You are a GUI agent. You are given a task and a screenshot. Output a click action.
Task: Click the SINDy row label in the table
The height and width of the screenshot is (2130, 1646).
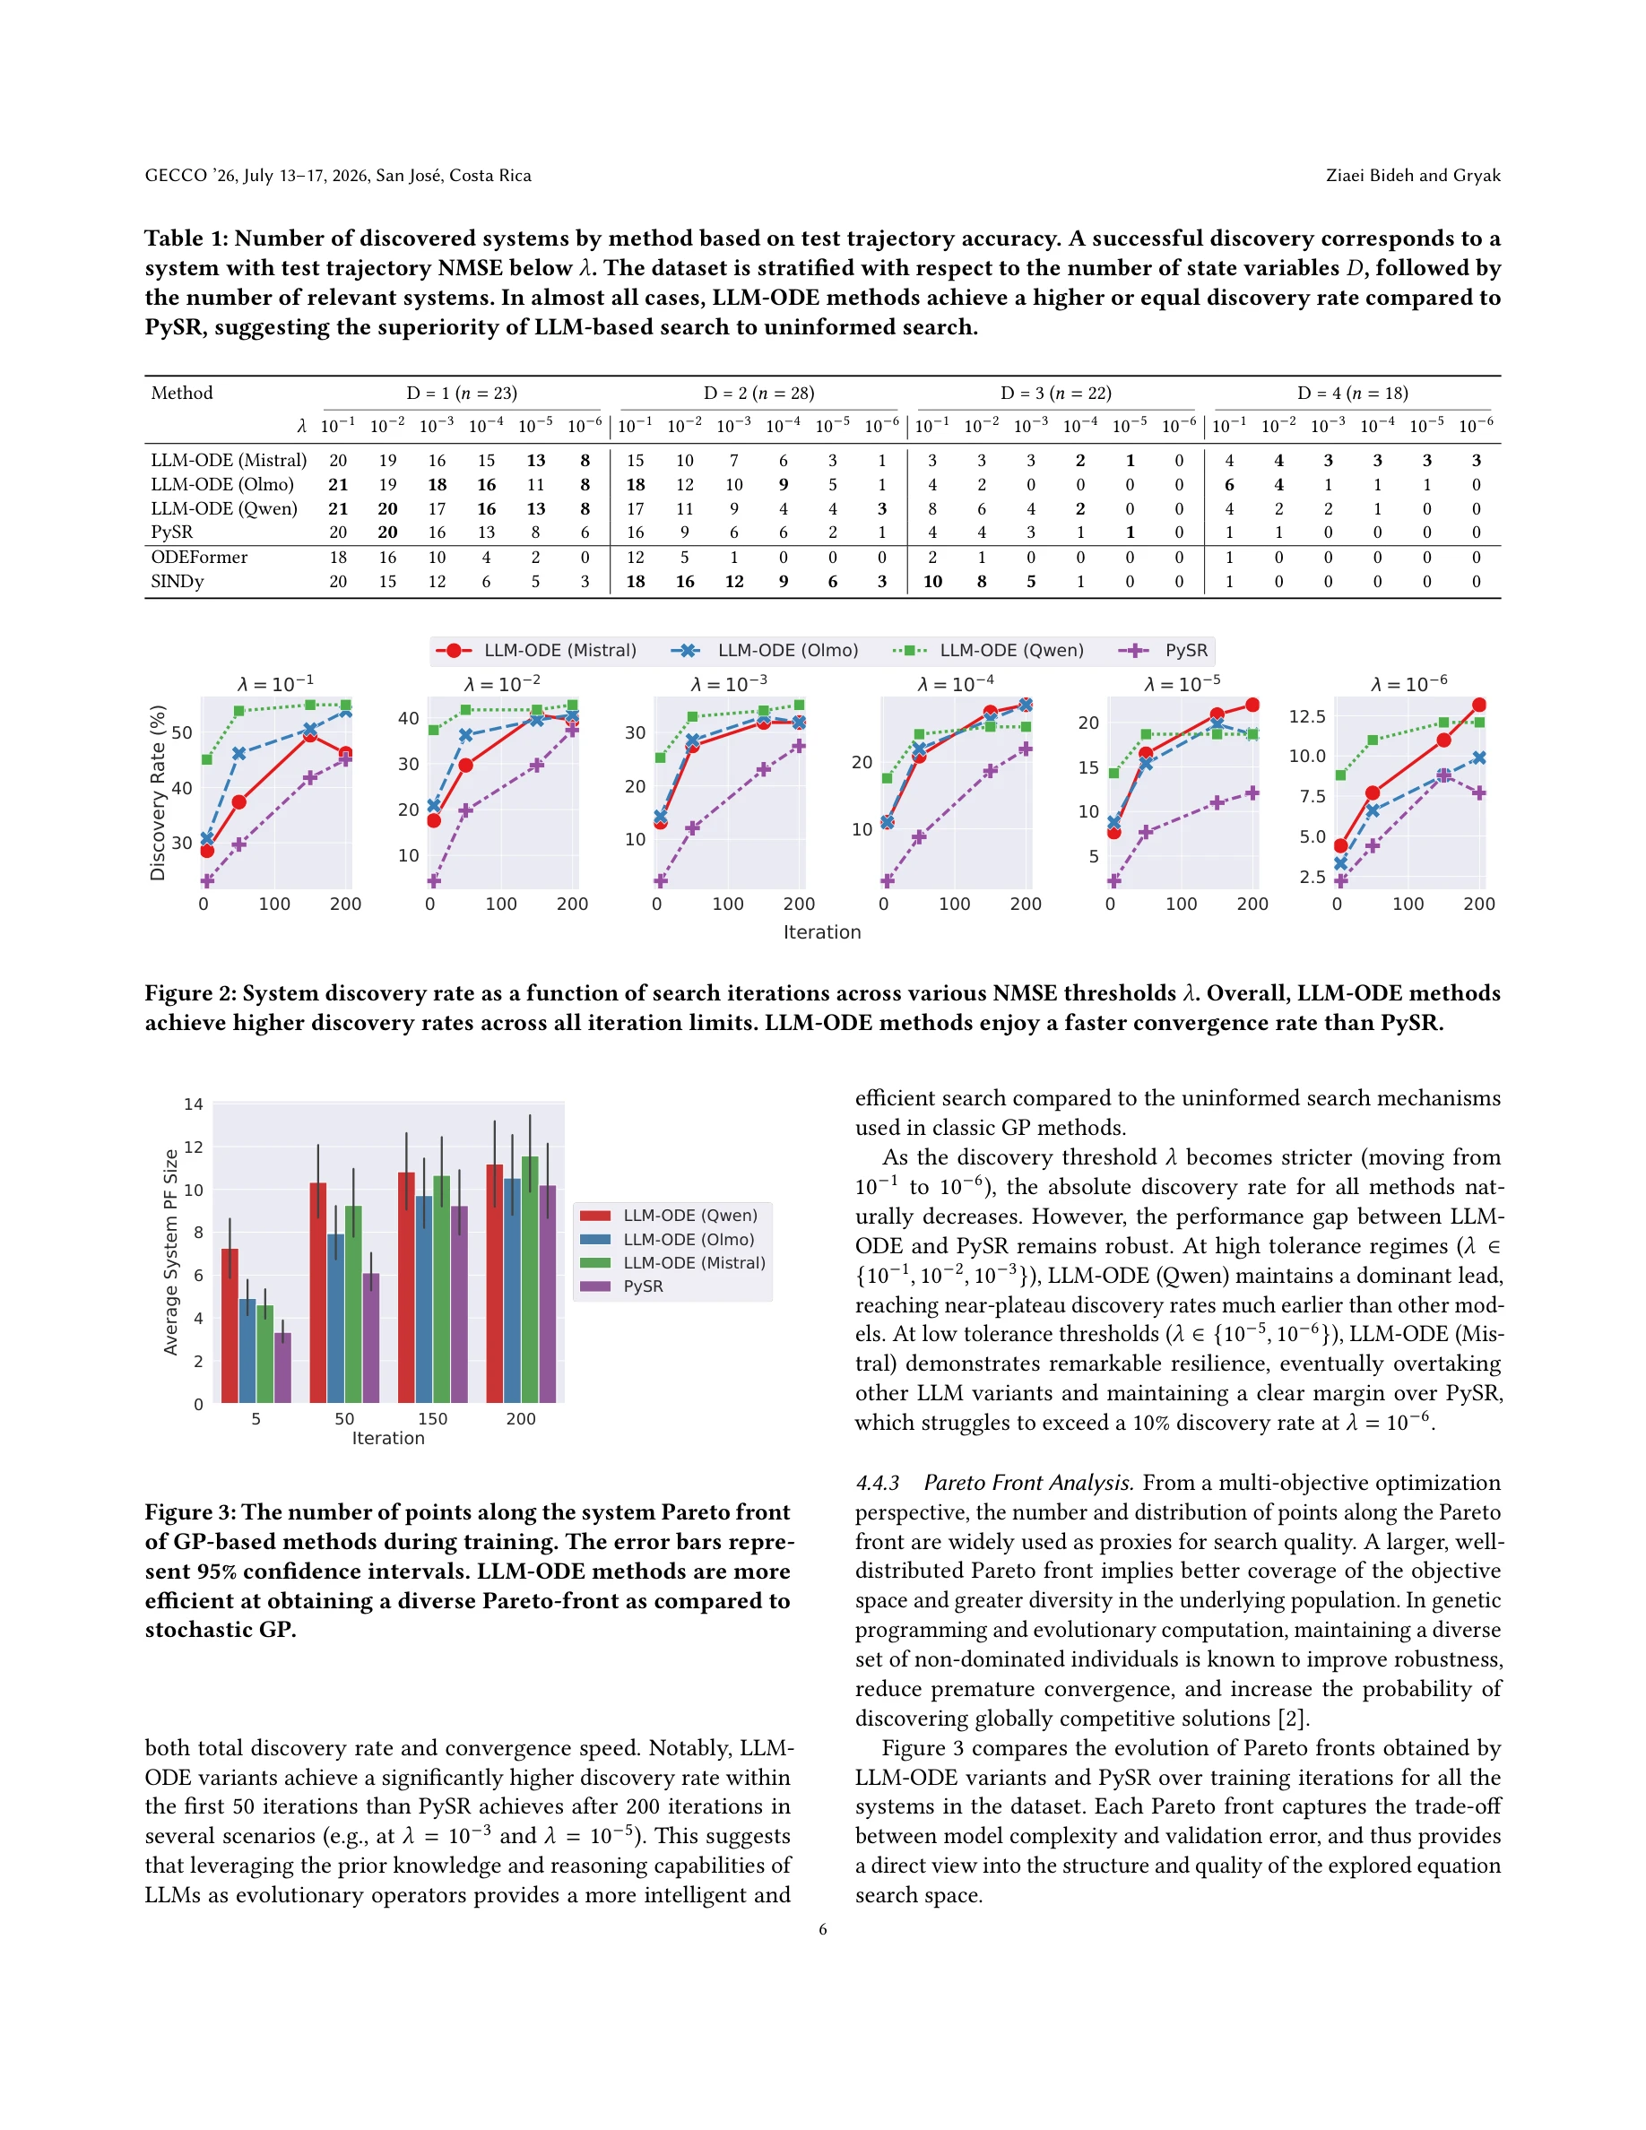pos(178,581)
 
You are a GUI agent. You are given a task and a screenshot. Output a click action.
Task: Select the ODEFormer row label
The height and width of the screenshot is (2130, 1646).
pos(199,557)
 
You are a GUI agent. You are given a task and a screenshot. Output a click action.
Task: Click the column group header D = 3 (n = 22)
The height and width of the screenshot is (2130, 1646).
pos(1055,393)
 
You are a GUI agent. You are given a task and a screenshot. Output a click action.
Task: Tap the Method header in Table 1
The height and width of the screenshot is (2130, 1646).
pos(181,393)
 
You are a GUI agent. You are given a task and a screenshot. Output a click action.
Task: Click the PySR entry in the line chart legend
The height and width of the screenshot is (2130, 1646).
pos(1186,651)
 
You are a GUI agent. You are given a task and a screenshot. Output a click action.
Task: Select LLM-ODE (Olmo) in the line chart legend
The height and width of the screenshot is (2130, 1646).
pos(787,651)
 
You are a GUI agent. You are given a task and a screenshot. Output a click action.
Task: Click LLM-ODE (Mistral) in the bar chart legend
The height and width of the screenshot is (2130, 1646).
pos(693,1263)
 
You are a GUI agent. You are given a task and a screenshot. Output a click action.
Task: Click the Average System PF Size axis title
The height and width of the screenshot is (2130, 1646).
pos(170,1252)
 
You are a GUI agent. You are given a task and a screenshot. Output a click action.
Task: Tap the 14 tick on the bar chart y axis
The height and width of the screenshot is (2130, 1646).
pos(193,1104)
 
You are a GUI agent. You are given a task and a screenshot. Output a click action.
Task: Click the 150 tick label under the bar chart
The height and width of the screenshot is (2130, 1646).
pos(432,1419)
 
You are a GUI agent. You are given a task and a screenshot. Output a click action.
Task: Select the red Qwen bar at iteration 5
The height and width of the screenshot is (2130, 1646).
pos(230,1324)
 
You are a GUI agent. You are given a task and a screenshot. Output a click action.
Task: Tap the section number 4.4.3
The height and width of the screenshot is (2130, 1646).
pos(877,1483)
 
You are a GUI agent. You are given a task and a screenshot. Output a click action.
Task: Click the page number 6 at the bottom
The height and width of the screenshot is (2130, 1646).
pos(822,1929)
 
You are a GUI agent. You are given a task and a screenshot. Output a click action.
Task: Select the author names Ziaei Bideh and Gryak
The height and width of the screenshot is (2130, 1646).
pos(1412,176)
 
